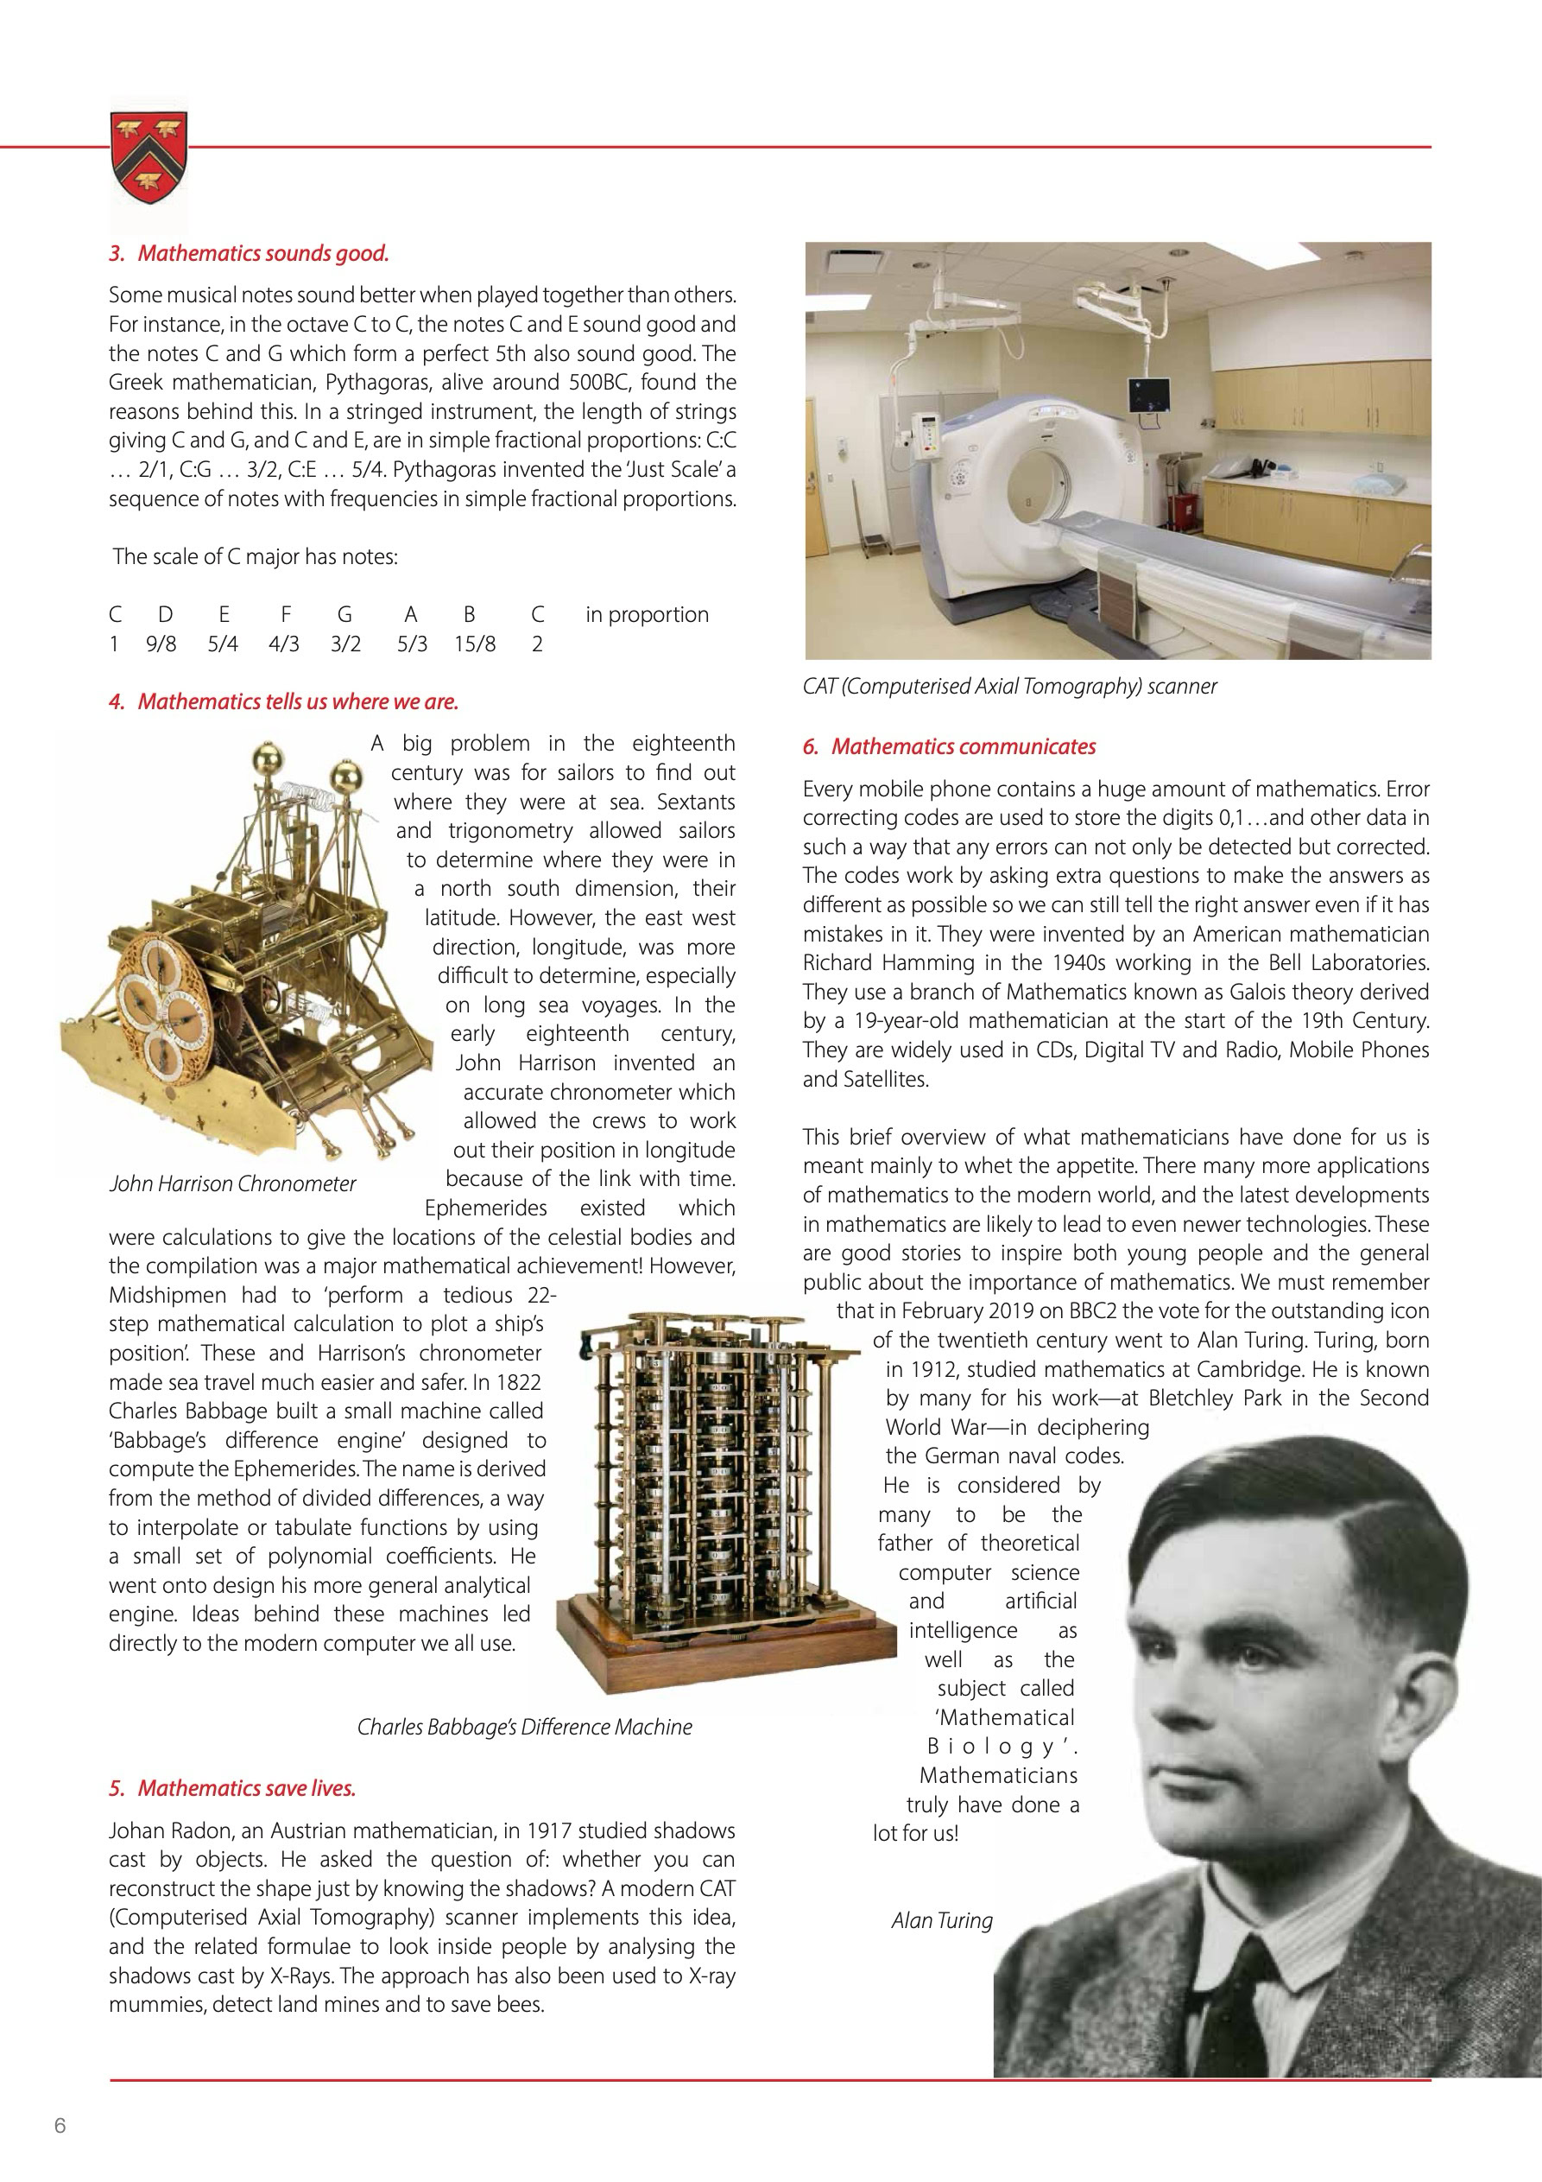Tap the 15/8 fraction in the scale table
(x=474, y=644)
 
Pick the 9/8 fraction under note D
(x=161, y=644)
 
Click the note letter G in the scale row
(x=344, y=615)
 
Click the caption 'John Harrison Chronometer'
(x=233, y=1184)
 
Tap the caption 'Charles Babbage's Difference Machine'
(x=524, y=1727)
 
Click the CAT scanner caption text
(x=1009, y=686)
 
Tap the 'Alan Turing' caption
(x=942, y=1920)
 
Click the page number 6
(x=60, y=2126)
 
